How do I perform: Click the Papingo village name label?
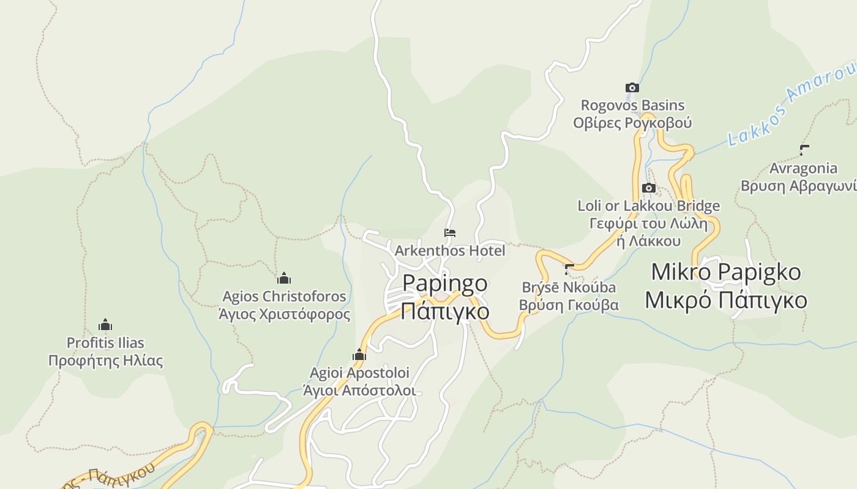tap(445, 284)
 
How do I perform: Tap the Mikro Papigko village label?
tap(725, 272)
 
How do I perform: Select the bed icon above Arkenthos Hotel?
tap(450, 233)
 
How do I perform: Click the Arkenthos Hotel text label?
tap(450, 251)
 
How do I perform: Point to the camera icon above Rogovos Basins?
tap(632, 88)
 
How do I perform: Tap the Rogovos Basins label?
tap(632, 105)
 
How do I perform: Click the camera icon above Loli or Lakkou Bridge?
tap(648, 188)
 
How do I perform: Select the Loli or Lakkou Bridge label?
tap(648, 206)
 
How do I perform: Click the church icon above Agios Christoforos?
tap(283, 279)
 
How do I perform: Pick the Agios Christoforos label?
tap(284, 296)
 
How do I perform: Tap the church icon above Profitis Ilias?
tap(105, 325)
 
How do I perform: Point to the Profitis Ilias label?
tap(105, 342)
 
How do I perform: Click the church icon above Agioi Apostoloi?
tap(359, 355)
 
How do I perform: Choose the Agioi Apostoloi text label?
tap(359, 372)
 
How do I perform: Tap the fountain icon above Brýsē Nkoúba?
tap(569, 268)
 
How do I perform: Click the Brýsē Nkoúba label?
tap(569, 287)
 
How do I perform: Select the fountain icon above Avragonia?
tap(804, 150)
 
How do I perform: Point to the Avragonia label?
tap(803, 168)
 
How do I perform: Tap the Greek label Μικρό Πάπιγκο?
tap(725, 301)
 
